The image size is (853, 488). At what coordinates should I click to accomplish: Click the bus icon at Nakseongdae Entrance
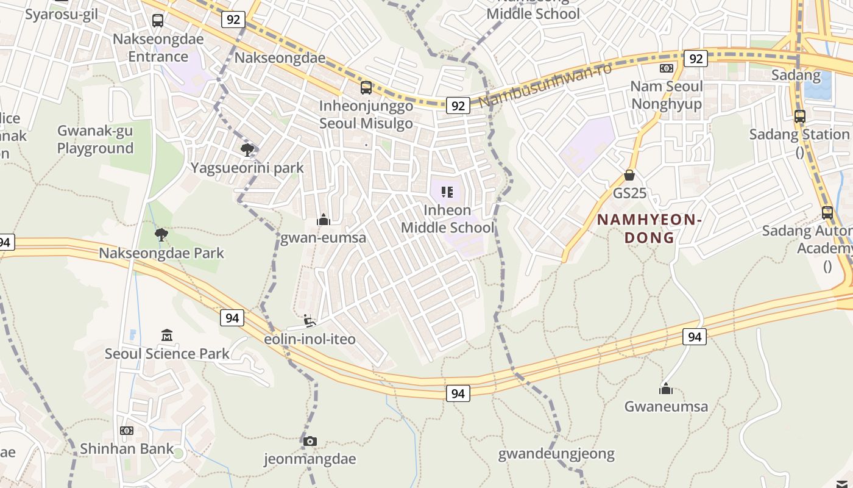point(158,21)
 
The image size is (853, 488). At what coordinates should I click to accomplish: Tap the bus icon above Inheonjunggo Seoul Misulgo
point(366,87)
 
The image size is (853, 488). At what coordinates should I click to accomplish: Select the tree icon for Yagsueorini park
point(247,150)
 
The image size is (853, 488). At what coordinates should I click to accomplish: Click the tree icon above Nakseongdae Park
point(161,235)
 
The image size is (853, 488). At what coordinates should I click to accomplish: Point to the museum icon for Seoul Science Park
point(167,335)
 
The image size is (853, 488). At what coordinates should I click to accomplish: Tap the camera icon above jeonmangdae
point(310,441)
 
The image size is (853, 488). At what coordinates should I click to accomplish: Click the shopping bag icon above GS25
point(629,176)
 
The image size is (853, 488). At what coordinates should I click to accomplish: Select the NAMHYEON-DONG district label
point(649,228)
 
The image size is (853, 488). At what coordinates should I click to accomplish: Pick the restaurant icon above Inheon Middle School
point(447,192)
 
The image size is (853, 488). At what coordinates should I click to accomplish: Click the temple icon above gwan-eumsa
point(324,220)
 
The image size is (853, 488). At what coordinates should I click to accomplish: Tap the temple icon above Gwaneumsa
point(666,389)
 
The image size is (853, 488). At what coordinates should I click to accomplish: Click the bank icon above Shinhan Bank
point(127,431)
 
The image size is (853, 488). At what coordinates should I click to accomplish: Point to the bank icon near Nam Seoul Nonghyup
point(667,68)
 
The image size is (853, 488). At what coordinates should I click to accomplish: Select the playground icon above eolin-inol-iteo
point(310,321)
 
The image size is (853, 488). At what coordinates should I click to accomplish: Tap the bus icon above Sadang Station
point(800,116)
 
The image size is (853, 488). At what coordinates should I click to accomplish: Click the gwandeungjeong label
point(556,454)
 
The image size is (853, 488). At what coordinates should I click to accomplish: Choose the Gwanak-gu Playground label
point(95,139)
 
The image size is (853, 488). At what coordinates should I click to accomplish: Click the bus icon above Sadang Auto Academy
point(827,213)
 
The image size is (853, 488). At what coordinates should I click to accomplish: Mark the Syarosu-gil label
point(61,14)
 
